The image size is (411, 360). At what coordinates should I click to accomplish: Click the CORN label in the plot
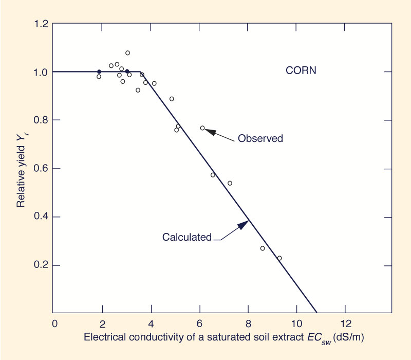301,70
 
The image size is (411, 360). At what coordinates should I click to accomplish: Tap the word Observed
260,139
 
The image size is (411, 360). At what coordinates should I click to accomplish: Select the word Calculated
187,237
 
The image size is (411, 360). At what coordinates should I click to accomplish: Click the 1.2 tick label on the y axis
42,24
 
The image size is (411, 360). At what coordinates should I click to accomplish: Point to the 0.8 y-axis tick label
42,120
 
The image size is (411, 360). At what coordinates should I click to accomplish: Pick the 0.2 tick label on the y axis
42,266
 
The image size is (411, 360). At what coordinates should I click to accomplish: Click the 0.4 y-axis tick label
42,217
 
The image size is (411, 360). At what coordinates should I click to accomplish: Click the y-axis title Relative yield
21,169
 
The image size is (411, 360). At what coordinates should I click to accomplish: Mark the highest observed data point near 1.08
127,53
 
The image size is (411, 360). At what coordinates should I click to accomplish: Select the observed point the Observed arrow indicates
202,128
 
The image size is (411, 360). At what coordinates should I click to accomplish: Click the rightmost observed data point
279,258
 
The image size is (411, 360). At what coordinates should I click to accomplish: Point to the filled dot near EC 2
99,71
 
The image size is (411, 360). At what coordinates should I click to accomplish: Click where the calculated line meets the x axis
317,313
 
